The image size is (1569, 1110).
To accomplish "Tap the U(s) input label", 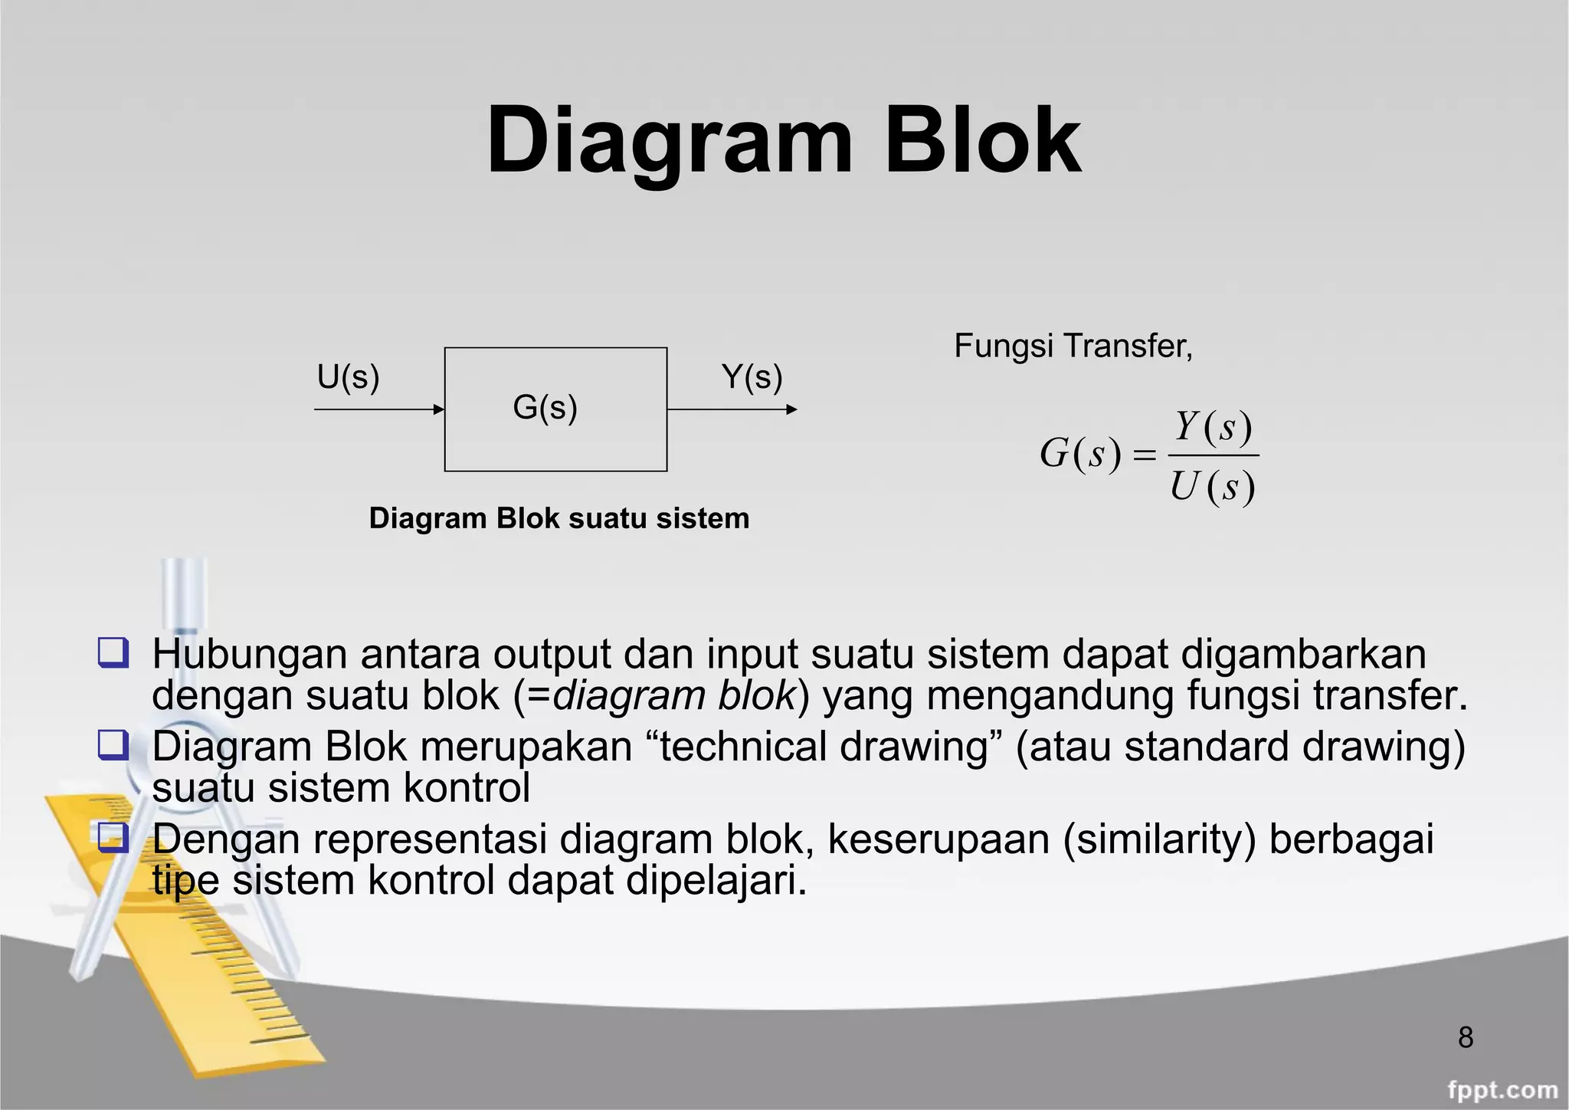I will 348,377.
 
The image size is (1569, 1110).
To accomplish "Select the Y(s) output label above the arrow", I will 752,377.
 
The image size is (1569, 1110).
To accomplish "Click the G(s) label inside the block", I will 545,407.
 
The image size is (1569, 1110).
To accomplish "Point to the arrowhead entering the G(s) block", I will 439,409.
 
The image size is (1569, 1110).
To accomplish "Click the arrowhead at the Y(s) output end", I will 792,409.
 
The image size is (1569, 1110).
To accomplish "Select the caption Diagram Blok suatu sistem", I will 558,518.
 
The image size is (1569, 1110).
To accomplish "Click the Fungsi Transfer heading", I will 1073,346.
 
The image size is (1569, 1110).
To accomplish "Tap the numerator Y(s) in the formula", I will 1213,426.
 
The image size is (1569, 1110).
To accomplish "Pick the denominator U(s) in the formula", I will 1212,487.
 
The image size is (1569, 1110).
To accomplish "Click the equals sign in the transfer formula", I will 1143,456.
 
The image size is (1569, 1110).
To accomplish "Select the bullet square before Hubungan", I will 113,653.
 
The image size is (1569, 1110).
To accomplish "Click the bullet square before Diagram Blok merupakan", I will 113,745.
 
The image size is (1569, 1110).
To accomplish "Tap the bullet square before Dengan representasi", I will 113,838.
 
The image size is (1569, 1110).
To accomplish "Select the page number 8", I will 1466,1037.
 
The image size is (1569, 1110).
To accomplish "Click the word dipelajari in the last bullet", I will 716,881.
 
